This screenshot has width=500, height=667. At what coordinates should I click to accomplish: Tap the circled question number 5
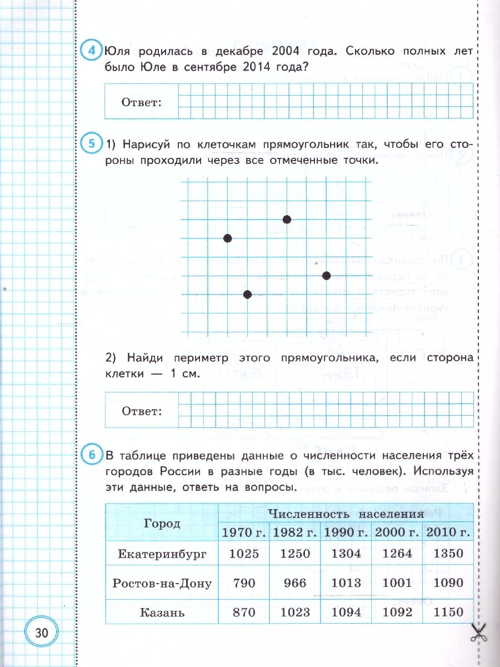click(91, 144)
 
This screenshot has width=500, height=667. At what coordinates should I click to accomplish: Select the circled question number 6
click(91, 456)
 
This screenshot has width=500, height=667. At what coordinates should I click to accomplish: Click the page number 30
click(42, 633)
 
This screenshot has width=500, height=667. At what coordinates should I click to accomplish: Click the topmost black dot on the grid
click(287, 220)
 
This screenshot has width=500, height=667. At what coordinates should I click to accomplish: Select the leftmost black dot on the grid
click(227, 238)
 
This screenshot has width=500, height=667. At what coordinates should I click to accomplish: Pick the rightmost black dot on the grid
click(326, 276)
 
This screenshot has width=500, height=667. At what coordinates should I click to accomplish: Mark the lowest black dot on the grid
click(247, 294)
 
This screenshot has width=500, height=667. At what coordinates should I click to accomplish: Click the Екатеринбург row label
click(162, 554)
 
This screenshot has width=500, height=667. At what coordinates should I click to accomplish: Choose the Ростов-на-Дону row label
click(162, 583)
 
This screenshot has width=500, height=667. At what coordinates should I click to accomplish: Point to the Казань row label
click(162, 613)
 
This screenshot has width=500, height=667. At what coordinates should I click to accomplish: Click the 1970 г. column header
click(244, 532)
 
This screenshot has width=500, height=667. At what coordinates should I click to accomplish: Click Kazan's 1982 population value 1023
click(294, 613)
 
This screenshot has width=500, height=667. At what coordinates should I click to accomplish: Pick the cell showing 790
click(244, 583)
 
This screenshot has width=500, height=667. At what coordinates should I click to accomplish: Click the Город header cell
click(162, 524)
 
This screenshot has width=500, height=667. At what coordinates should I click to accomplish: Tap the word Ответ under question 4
click(141, 102)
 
